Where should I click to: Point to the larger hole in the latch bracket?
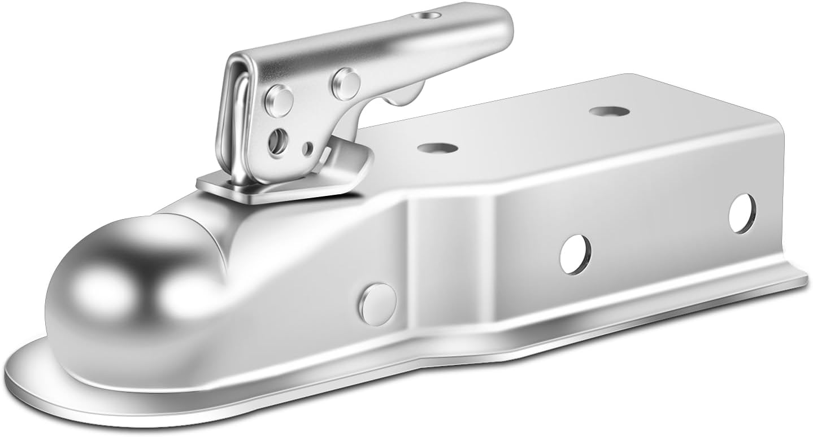click(x=277, y=137)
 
